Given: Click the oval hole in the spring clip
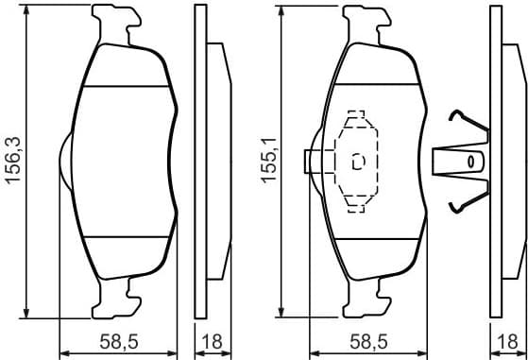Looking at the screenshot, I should (x=468, y=162).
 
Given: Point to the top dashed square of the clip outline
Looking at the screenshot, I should (x=356, y=118).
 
